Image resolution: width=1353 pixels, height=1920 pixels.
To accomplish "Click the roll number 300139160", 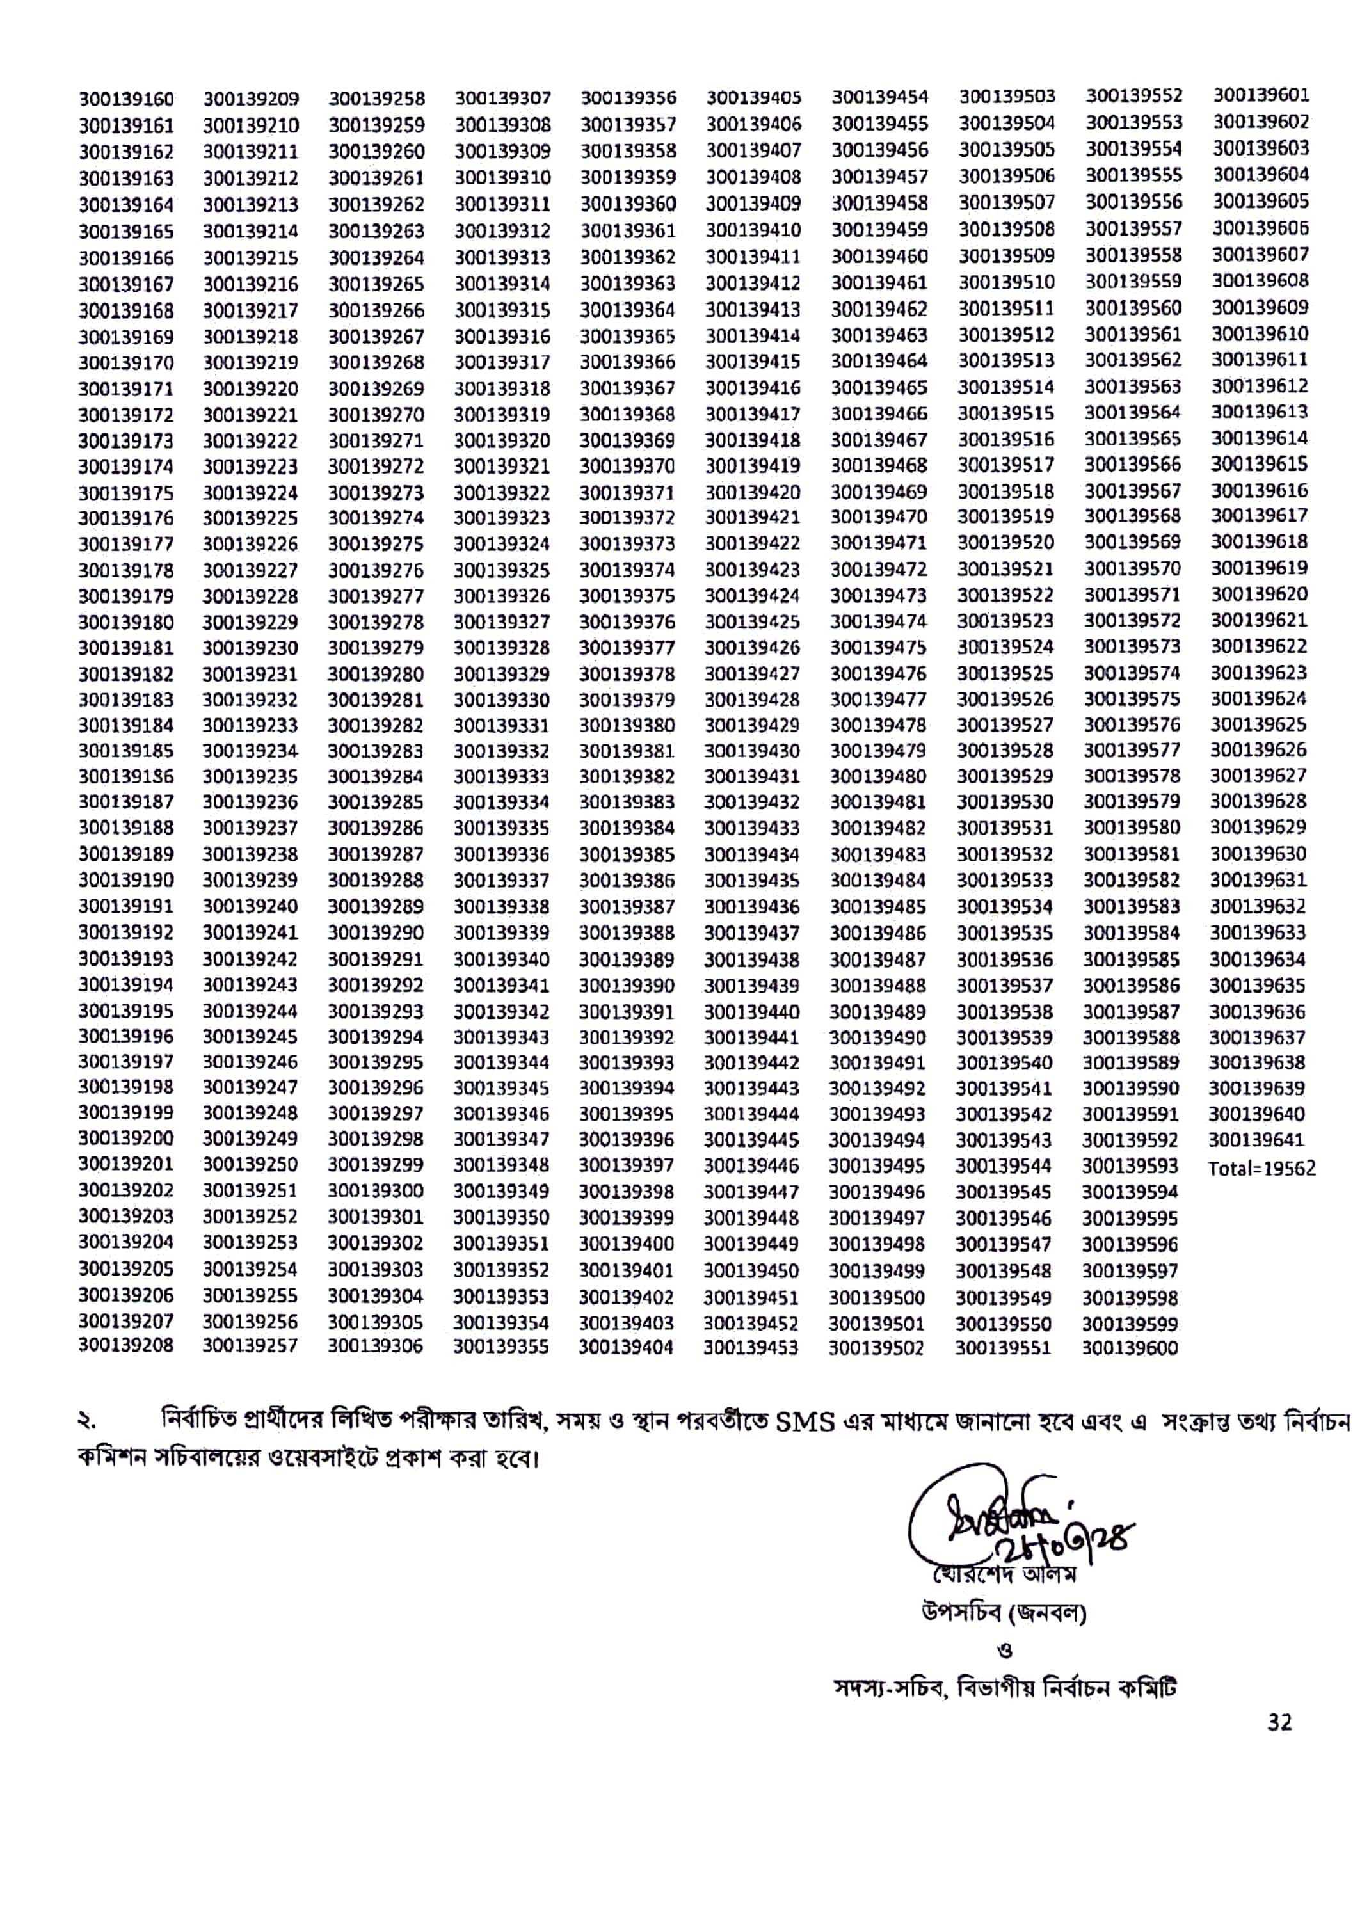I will point(126,99).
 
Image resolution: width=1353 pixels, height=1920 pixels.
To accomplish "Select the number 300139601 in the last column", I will point(1261,95).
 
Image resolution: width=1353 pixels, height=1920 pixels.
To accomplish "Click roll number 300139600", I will point(1130,1347).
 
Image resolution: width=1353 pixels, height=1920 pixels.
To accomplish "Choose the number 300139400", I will point(627,1244).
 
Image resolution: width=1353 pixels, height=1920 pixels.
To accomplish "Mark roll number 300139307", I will point(502,99).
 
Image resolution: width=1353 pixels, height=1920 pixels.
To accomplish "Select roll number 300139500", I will point(876,1298).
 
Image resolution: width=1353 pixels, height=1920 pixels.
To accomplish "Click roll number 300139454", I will point(879,97).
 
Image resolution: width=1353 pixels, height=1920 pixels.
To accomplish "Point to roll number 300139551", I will point(1003,1347).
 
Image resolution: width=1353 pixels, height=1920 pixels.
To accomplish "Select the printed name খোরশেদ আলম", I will point(1005,1574).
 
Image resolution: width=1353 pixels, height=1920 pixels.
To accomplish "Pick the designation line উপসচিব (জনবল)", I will point(1004,1612).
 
